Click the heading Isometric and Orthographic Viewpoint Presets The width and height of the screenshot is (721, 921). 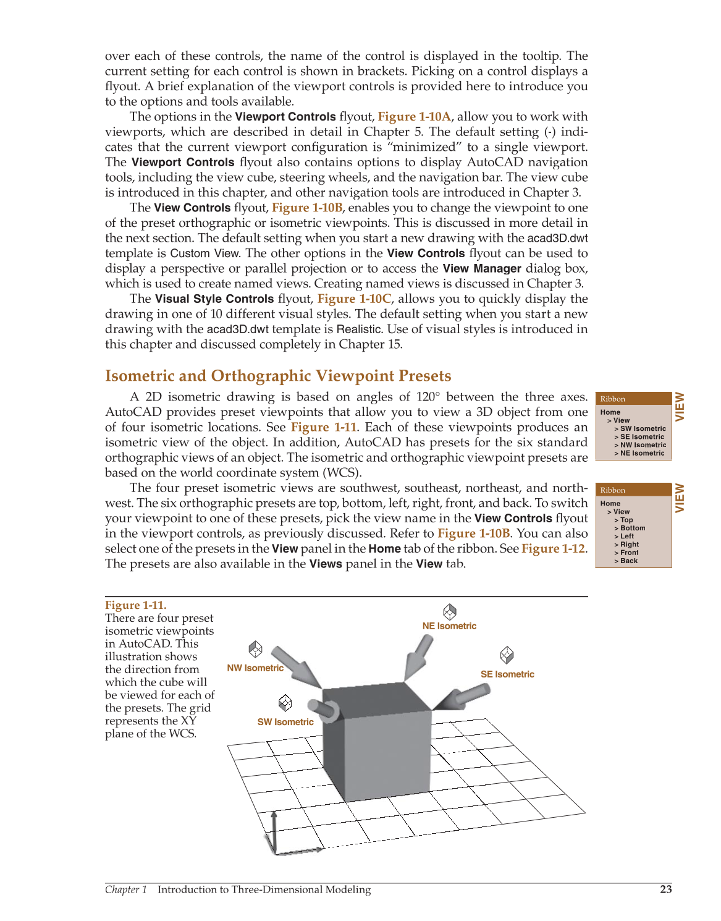(278, 376)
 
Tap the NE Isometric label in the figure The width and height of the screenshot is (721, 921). (449, 626)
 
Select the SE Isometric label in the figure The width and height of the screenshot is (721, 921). (507, 674)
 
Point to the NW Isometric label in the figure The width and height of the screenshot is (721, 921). (255, 668)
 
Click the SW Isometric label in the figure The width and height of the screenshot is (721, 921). (285, 722)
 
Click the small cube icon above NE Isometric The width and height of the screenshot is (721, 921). (450, 612)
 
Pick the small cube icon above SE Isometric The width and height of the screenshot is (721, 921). (507, 655)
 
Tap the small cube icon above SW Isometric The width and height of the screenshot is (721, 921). (285, 703)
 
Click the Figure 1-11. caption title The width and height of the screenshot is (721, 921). (136, 605)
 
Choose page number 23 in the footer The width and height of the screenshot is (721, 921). (665, 889)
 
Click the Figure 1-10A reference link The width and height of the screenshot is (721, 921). (414, 117)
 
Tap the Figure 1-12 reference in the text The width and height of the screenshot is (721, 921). (553, 549)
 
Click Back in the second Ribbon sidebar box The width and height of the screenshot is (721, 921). (629, 561)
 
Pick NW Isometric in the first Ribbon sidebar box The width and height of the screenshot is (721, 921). (643, 445)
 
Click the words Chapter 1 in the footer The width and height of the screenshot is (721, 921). (126, 889)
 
